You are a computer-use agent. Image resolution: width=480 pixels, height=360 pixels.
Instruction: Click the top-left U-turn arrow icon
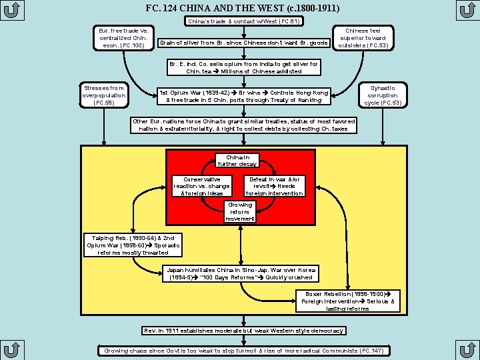click(x=12, y=10)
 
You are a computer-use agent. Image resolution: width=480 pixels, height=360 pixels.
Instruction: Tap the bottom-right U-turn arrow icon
click(x=467, y=350)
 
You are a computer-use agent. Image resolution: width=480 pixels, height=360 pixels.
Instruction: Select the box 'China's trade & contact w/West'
click(x=244, y=21)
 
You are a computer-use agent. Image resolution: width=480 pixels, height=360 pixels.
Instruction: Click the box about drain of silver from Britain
click(x=244, y=43)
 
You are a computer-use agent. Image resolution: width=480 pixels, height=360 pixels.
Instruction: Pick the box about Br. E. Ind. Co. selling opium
click(x=244, y=67)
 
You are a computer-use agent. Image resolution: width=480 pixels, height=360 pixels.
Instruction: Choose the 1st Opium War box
click(x=244, y=97)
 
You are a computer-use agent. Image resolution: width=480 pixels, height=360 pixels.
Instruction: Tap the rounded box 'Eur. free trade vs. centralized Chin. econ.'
click(x=124, y=38)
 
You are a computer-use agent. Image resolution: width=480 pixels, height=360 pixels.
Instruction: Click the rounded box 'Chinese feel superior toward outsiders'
click(x=363, y=38)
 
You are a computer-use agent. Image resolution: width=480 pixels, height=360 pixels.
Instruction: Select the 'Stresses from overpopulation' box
click(x=104, y=95)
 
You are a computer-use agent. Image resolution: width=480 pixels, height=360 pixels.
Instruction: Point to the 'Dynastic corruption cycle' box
click(x=383, y=95)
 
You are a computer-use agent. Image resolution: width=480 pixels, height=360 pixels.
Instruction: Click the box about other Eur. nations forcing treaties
click(x=244, y=125)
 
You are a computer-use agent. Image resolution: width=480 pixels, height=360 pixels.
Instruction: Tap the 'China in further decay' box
click(x=237, y=161)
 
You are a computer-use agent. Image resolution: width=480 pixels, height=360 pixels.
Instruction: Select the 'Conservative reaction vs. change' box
click(x=202, y=186)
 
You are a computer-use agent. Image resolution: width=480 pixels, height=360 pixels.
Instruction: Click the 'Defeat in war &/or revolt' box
click(x=275, y=186)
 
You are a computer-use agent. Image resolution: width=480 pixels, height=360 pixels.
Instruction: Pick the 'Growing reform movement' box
click(x=240, y=212)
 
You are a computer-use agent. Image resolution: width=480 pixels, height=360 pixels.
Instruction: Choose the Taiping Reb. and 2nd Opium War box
click(x=133, y=245)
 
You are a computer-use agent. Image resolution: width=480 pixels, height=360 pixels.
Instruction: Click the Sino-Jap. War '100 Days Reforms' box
click(x=241, y=274)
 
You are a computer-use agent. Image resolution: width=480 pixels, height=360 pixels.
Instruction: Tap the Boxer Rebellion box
click(x=348, y=301)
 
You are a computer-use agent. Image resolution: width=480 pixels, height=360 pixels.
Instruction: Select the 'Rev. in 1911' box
click(x=244, y=331)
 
